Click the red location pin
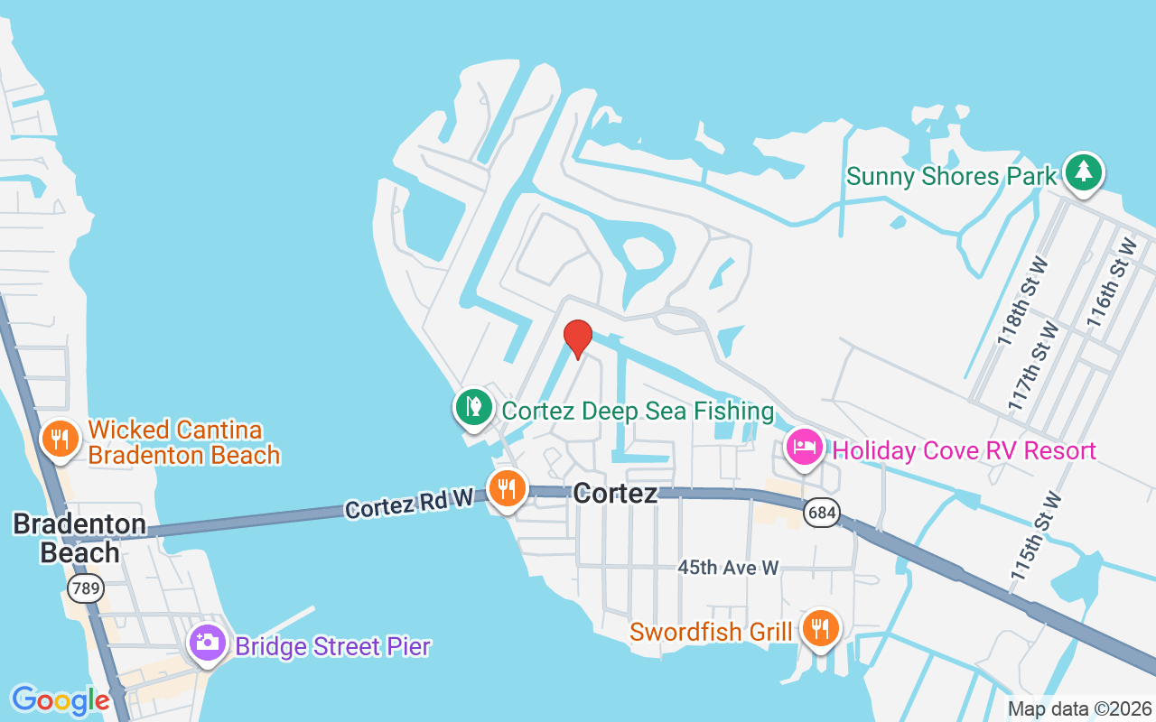[x=578, y=338]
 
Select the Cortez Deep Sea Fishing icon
[x=472, y=406]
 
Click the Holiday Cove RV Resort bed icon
[x=804, y=446]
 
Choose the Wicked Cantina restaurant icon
[x=60, y=439]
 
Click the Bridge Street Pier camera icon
[x=208, y=643]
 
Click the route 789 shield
[x=85, y=589]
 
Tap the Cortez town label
[x=615, y=493]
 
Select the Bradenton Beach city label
[x=79, y=538]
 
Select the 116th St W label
[x=1111, y=282]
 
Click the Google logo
[x=61, y=700]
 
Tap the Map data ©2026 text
[x=1079, y=708]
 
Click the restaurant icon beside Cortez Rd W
[x=508, y=487]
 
